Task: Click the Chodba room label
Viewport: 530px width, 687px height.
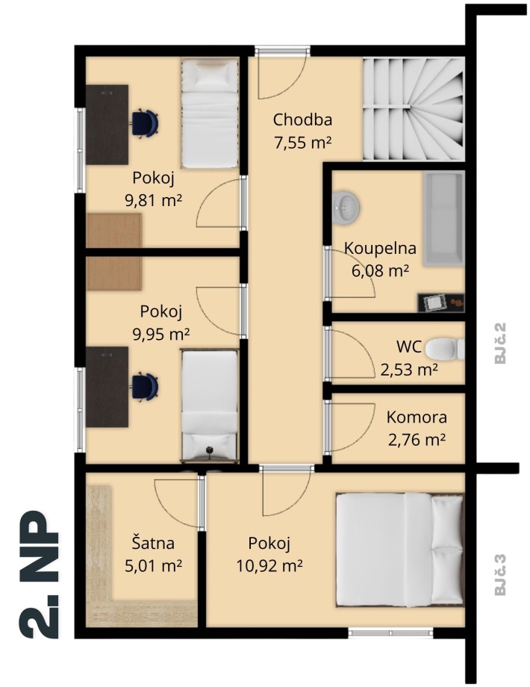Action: (302, 119)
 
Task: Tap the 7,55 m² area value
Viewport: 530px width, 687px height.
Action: (302, 143)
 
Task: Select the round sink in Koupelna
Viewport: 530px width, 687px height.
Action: (347, 207)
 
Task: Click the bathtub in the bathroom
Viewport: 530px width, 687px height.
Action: (443, 219)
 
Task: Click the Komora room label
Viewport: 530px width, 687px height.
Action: (417, 417)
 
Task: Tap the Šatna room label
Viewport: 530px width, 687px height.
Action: (153, 544)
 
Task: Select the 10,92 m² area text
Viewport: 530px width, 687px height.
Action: (269, 566)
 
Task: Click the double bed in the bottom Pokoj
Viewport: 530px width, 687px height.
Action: (399, 550)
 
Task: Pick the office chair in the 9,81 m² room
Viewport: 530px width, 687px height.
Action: (145, 123)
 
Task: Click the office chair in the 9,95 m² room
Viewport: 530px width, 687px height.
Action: (145, 387)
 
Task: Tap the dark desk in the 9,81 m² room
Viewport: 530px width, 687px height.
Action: (107, 125)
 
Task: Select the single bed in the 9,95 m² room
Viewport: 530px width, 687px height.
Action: (210, 405)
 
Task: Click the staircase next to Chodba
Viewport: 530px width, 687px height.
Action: (413, 109)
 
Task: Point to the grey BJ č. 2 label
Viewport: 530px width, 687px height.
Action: (500, 343)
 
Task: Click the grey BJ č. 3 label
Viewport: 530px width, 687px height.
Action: (500, 575)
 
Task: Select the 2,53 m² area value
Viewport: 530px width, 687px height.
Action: (408, 370)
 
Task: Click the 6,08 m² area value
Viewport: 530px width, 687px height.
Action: (380, 271)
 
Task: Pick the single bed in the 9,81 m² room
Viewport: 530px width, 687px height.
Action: (210, 114)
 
